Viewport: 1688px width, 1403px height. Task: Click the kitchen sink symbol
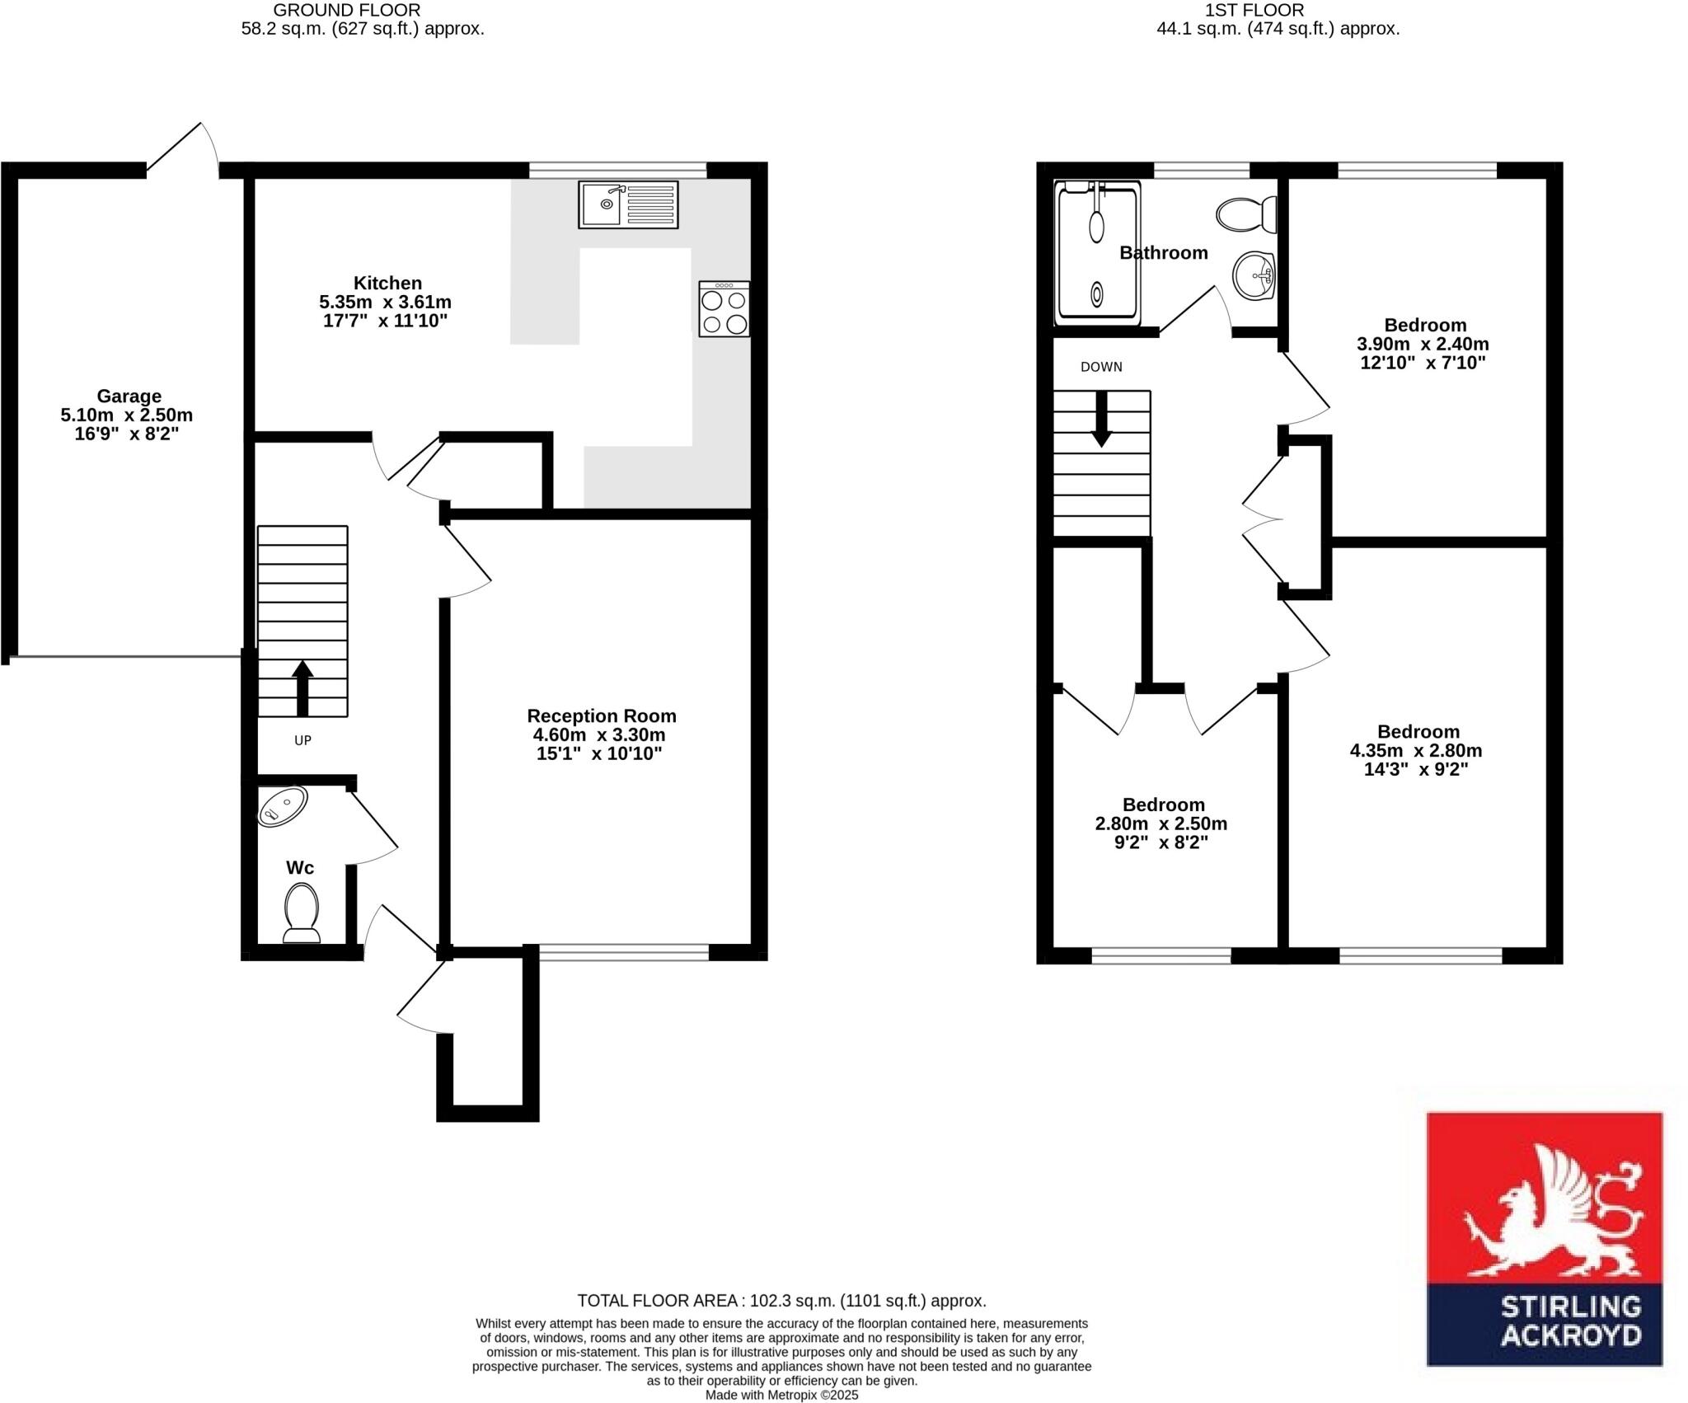coord(628,204)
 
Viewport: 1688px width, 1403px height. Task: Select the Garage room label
coord(129,396)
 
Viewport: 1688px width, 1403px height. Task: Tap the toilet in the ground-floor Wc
coord(301,913)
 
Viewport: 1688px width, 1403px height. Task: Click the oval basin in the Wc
coord(282,805)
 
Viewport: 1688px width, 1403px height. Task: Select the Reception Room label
coord(601,716)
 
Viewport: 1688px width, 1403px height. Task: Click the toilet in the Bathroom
coord(1246,214)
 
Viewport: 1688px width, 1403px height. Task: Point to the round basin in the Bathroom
coord(1254,276)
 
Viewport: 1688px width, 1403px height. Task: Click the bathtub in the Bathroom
coord(1098,251)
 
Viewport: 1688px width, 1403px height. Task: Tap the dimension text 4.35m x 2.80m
coord(1415,751)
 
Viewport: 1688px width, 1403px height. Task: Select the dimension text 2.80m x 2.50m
coord(1160,823)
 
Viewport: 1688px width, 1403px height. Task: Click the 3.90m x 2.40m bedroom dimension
coord(1423,344)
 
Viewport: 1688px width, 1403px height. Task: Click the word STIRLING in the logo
coord(1569,1329)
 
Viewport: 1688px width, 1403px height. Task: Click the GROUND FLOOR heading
coord(346,11)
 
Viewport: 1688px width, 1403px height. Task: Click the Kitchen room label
coord(387,283)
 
